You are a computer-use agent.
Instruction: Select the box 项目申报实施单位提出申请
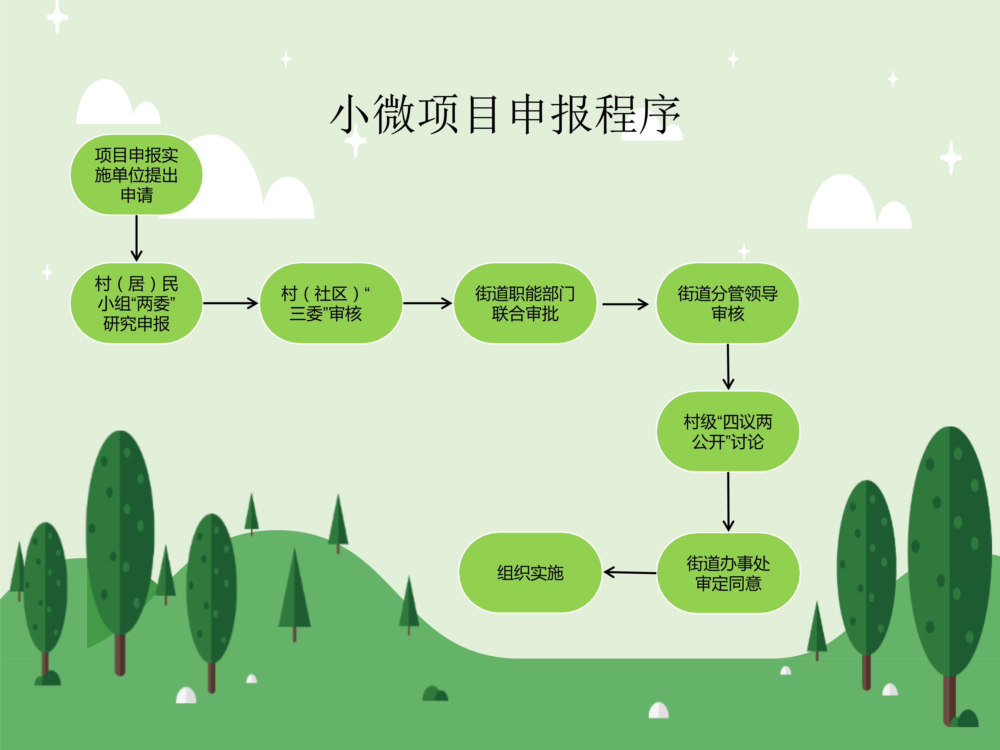click(136, 174)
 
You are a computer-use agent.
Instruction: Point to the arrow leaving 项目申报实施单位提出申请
click(136, 238)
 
